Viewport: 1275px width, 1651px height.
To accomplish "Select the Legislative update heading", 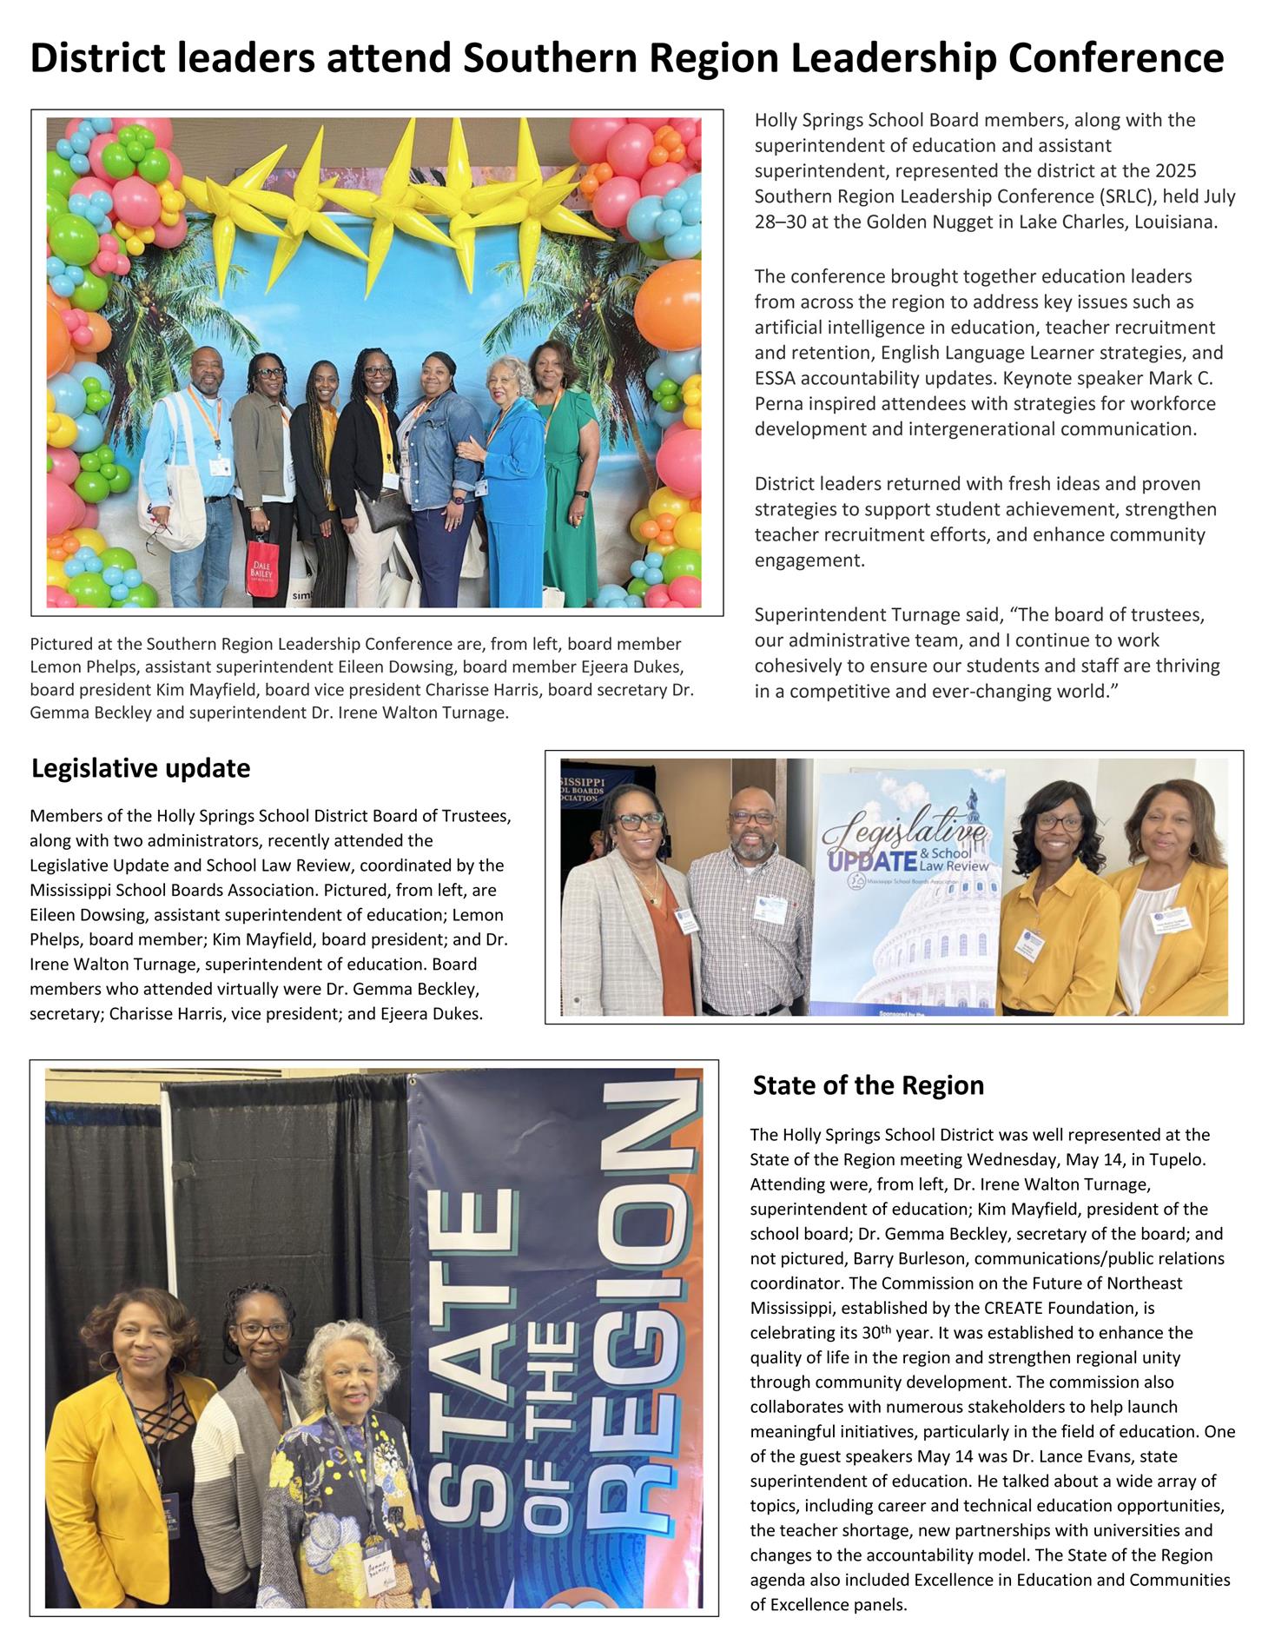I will [141, 768].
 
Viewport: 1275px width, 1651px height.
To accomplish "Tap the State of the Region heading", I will [868, 1085].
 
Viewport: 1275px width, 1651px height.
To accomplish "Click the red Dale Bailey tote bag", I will [260, 567].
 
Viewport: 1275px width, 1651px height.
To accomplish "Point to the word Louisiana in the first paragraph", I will [1177, 222].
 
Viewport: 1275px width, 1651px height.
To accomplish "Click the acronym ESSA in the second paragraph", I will [775, 378].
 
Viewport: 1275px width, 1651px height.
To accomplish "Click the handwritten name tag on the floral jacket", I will [376, 1574].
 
